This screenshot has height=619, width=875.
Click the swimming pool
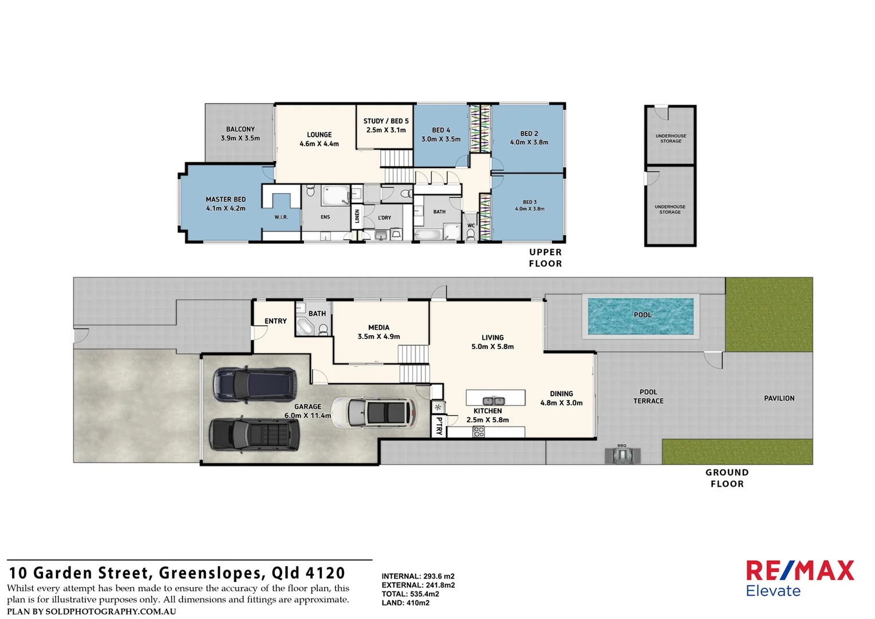click(x=641, y=316)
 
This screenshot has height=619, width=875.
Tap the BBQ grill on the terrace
click(x=622, y=456)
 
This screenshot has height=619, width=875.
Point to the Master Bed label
click(x=226, y=204)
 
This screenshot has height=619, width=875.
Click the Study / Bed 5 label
click(x=386, y=126)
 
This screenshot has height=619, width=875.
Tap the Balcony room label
click(x=241, y=134)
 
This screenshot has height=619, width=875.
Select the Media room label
click(x=379, y=332)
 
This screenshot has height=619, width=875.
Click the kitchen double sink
click(x=493, y=401)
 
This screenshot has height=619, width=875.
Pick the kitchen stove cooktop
click(x=479, y=432)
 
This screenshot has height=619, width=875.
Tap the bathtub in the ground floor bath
click(x=304, y=327)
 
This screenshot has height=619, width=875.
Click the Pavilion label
click(x=779, y=398)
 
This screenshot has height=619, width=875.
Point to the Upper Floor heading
click(x=545, y=258)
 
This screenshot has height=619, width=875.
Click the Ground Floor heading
click(x=727, y=478)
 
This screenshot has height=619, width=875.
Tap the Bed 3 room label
click(x=530, y=205)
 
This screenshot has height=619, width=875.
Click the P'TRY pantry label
click(x=439, y=426)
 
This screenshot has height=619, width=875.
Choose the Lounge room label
click(x=319, y=139)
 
